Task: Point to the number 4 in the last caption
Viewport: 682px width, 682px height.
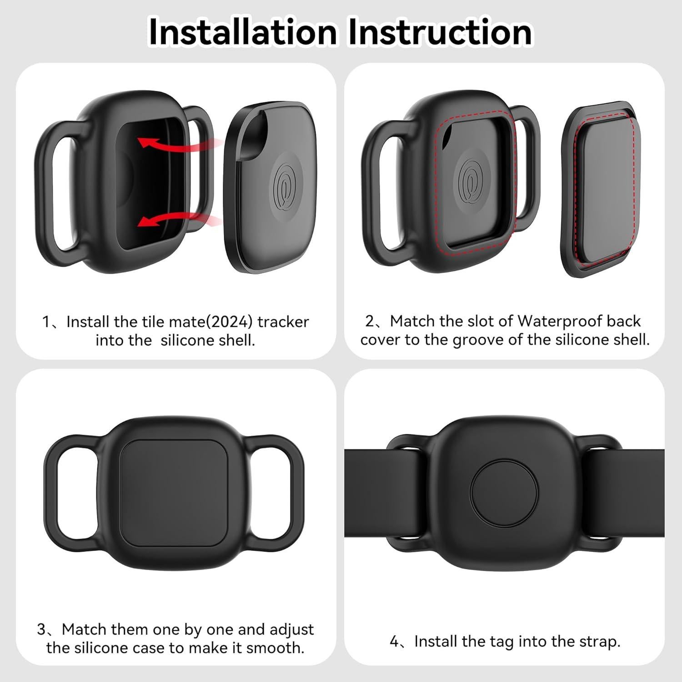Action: (395, 642)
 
